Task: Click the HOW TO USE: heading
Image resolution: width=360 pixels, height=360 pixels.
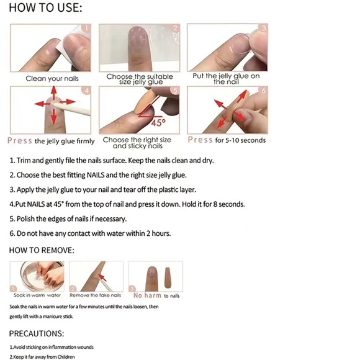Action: tap(45, 7)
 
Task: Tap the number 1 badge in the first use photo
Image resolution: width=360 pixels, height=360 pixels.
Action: tap(86, 29)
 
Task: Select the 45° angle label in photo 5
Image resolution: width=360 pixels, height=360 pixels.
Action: tap(158, 123)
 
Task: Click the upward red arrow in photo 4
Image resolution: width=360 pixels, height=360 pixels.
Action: tap(54, 92)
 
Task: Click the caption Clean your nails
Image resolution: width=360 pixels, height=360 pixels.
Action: tap(52, 79)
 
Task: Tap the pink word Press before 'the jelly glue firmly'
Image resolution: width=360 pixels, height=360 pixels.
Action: tap(19, 140)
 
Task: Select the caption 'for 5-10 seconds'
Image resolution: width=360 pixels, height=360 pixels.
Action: tap(240, 140)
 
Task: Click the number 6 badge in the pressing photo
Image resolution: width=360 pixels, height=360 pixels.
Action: tap(264, 91)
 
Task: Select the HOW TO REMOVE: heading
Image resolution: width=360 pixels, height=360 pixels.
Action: tap(42, 250)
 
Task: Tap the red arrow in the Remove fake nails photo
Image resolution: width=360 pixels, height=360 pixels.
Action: tap(102, 277)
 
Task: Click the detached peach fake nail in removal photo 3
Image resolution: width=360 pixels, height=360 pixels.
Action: tap(168, 278)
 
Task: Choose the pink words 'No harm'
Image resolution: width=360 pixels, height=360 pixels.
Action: tap(147, 295)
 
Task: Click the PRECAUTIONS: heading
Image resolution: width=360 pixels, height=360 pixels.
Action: tap(37, 333)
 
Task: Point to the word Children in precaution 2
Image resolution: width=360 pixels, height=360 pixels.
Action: tap(66, 357)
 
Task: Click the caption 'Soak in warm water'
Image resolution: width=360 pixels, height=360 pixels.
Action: tap(37, 295)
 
